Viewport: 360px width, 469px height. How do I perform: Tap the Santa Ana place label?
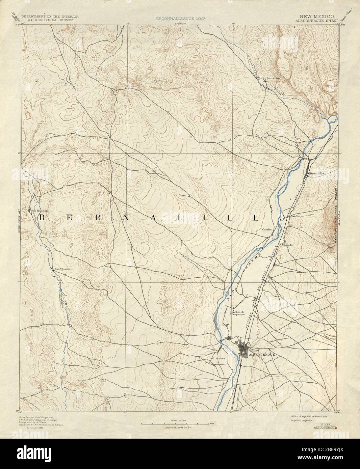(x=273, y=79)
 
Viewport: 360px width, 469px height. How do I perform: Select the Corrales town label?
(x=267, y=229)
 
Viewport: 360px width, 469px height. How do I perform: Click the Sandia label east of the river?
(x=295, y=216)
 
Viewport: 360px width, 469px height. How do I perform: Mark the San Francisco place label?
(x=40, y=211)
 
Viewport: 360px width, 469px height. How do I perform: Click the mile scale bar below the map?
(x=174, y=423)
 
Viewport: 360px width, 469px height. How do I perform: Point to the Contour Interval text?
(x=174, y=427)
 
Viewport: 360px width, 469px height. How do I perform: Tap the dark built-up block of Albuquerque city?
(x=244, y=350)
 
